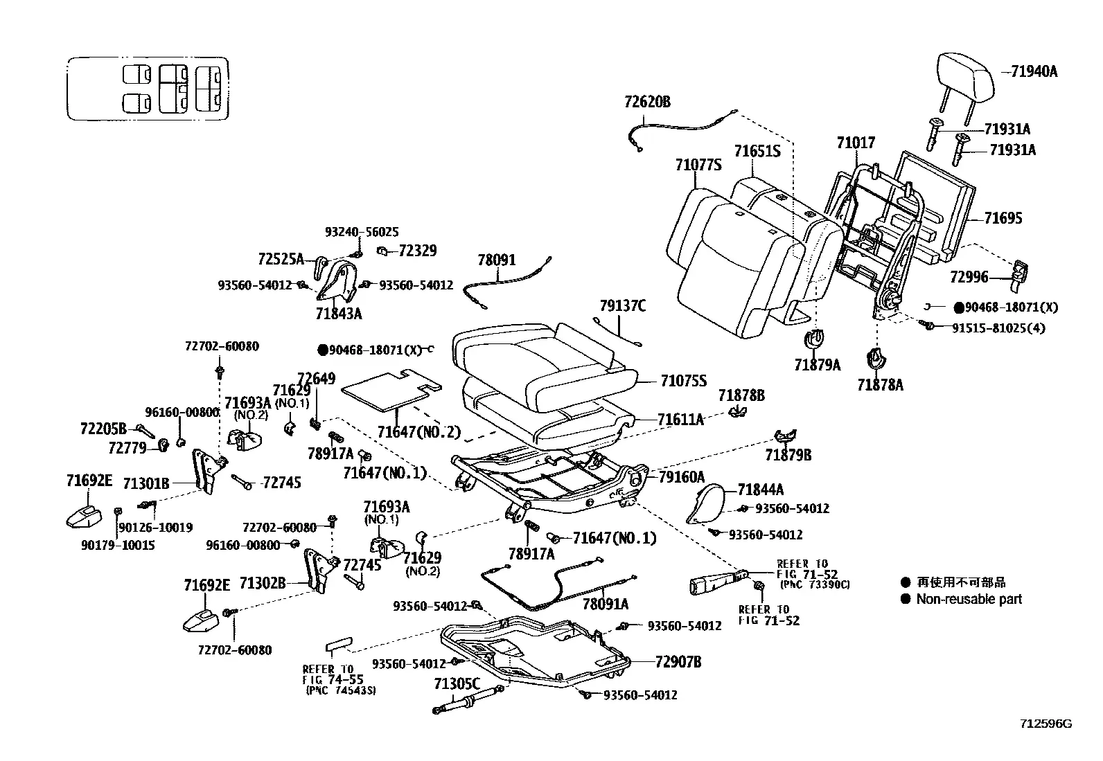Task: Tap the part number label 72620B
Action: click(x=647, y=102)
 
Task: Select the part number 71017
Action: click(x=856, y=143)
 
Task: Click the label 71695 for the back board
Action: click(x=1003, y=218)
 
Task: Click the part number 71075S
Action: click(x=683, y=381)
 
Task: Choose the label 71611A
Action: click(x=680, y=420)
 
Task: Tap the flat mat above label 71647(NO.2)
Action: click(x=391, y=389)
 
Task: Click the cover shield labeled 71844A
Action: click(x=705, y=503)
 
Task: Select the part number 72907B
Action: click(x=678, y=662)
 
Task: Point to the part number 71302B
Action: click(x=263, y=583)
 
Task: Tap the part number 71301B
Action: click(x=145, y=484)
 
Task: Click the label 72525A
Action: click(x=281, y=259)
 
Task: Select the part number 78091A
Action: click(x=606, y=604)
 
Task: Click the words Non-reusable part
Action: click(x=969, y=599)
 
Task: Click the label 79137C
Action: click(x=622, y=306)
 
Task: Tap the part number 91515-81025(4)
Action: click(x=998, y=328)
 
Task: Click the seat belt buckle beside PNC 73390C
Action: click(x=718, y=583)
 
